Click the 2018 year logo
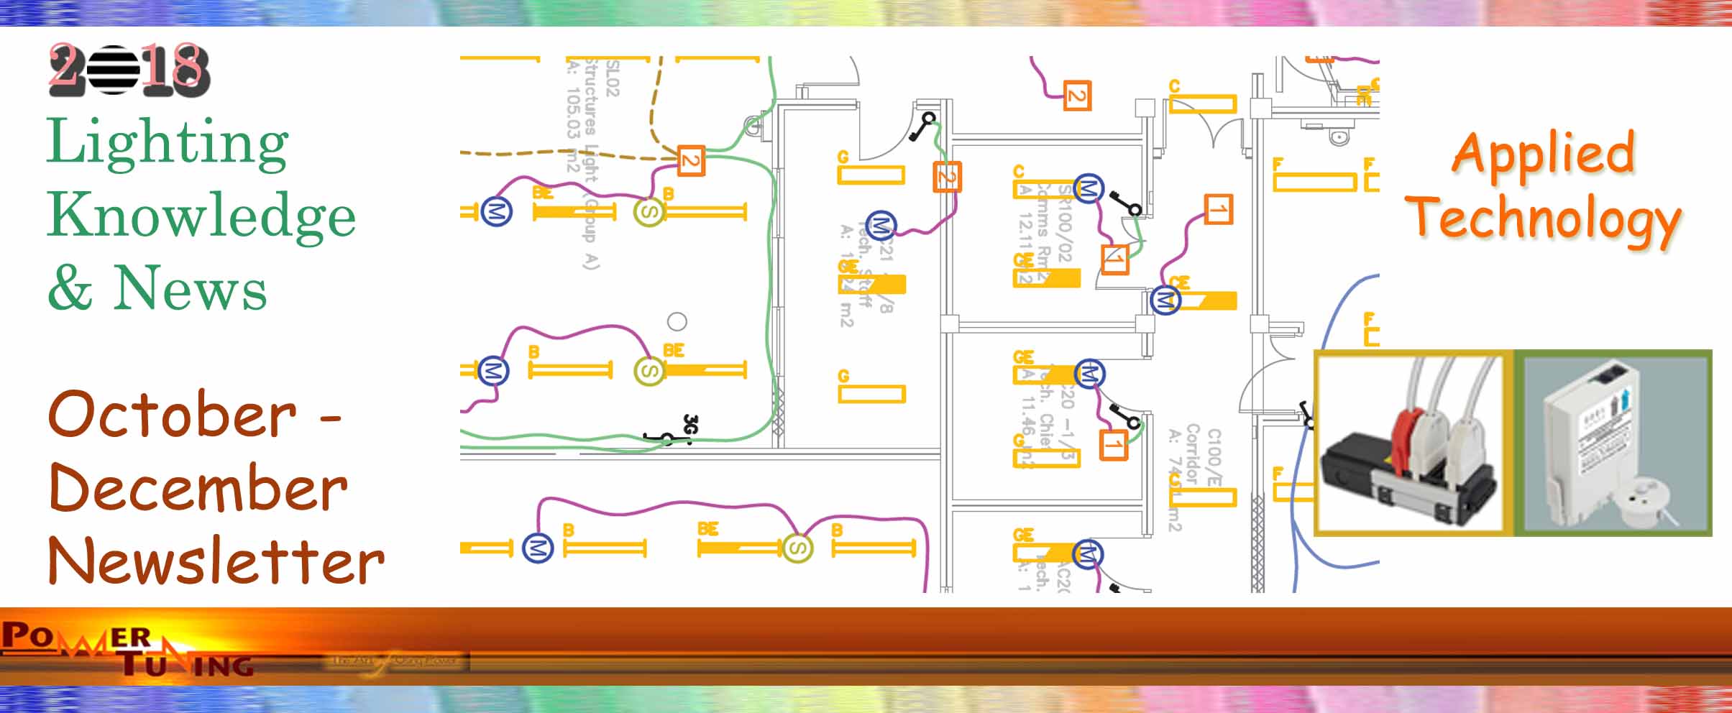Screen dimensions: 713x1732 (129, 70)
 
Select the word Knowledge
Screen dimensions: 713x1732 (201, 217)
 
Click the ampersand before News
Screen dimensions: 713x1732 (70, 287)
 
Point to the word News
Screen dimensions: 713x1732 (190, 287)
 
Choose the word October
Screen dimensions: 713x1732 (172, 415)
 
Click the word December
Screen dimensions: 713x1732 (198, 488)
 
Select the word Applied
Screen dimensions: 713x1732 (1543, 154)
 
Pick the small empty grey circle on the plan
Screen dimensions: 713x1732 (677, 321)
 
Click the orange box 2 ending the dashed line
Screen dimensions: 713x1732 (690, 161)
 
